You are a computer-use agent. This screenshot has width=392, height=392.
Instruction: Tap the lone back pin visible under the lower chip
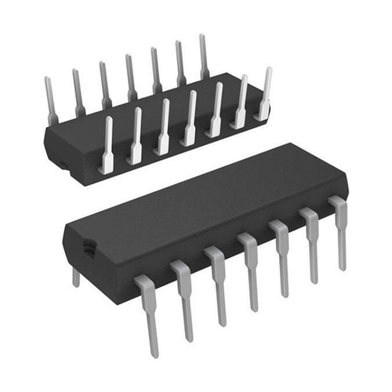76,277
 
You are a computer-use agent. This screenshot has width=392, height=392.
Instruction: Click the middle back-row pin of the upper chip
131,78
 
